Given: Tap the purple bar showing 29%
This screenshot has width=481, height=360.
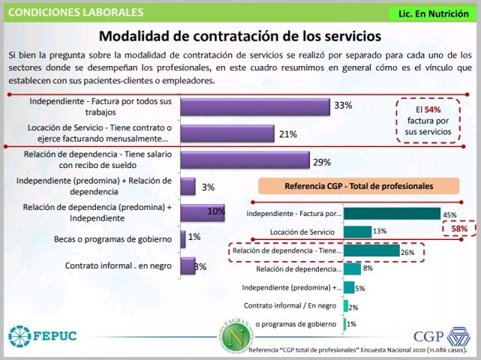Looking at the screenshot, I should (x=245, y=161).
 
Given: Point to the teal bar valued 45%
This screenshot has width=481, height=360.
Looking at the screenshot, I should (x=392, y=214).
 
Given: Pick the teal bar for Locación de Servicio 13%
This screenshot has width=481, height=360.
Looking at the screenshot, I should (x=357, y=231).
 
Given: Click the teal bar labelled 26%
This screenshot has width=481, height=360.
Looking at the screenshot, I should (x=371, y=250).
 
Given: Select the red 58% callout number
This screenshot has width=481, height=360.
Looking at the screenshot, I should (x=459, y=229).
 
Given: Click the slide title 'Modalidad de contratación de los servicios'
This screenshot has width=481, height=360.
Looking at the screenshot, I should (x=240, y=36).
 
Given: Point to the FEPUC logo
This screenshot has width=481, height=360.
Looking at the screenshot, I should (x=44, y=334).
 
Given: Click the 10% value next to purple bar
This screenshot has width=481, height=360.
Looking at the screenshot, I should (x=216, y=212).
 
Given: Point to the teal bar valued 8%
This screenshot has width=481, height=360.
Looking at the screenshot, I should (x=352, y=268).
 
